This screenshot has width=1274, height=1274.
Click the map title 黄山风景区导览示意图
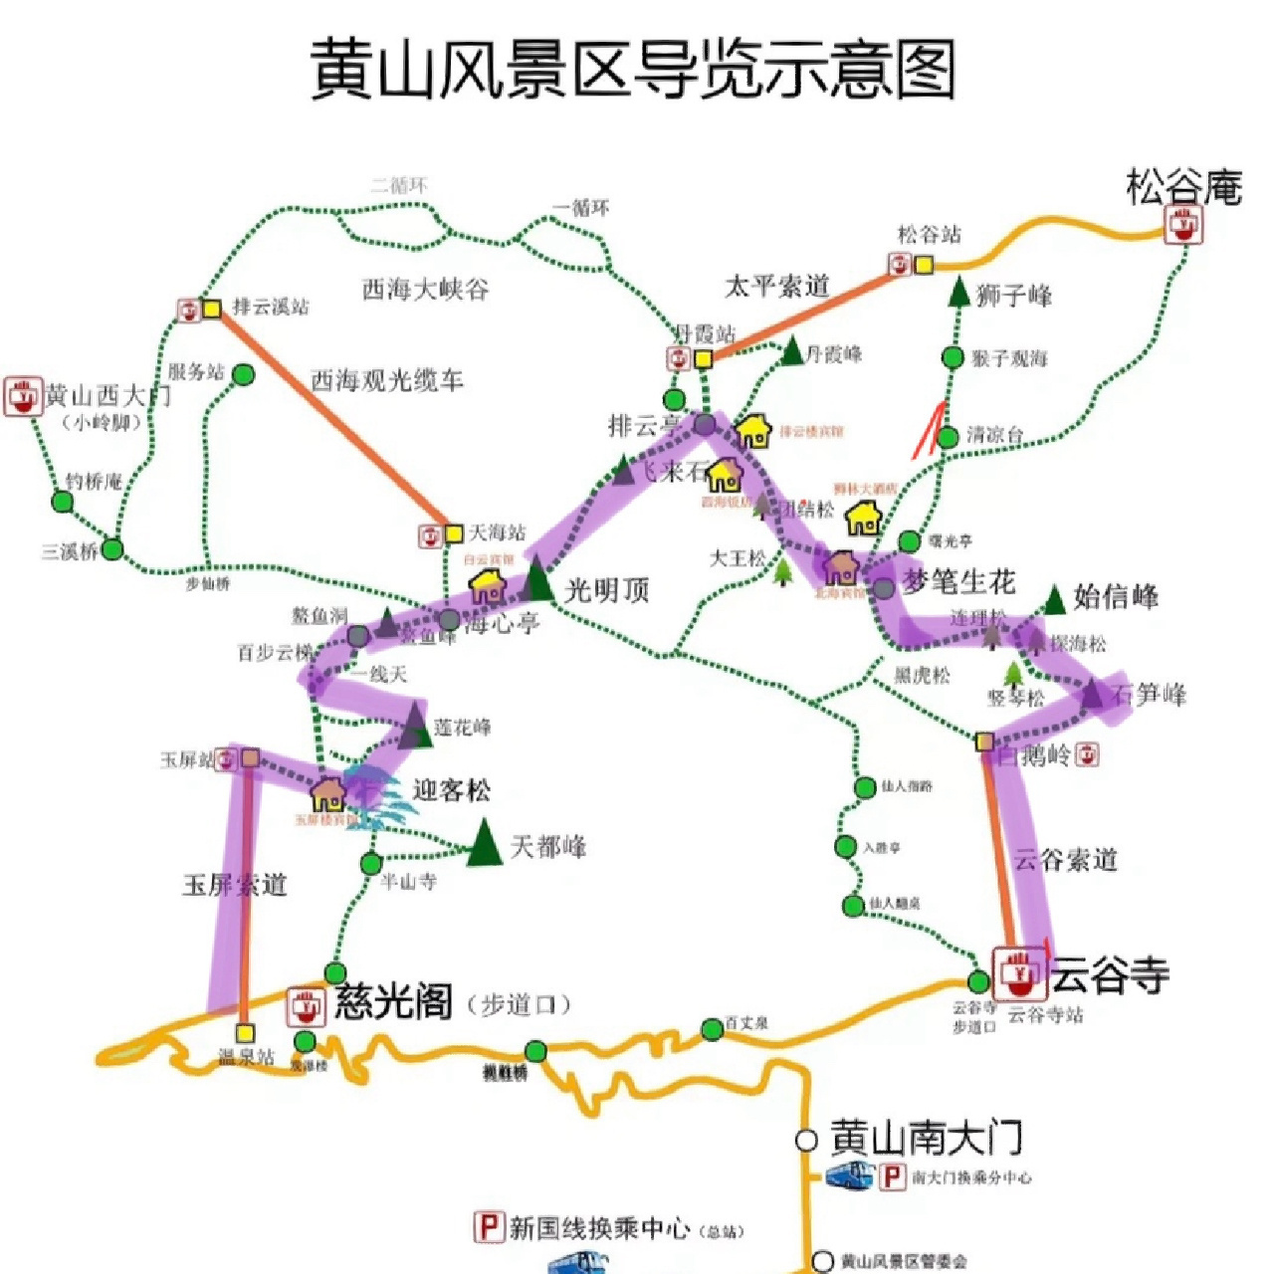633,70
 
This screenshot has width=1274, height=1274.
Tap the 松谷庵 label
1183,186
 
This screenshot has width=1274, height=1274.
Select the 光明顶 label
606,590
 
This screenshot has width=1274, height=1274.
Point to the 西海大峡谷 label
425,290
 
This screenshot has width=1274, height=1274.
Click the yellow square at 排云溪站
211,310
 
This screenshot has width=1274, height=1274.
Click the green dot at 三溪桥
112,548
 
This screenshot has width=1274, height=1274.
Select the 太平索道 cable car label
776,287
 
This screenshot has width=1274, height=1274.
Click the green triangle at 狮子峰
958,293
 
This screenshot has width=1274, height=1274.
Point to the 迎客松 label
451,791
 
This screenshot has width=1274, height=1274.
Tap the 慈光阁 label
392,1001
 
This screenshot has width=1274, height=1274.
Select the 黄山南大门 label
926,1138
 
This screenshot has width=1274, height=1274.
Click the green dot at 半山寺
371,863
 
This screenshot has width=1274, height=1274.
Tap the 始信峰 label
1116,597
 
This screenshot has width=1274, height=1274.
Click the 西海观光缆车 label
387,380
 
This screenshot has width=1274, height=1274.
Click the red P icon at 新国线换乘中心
488,1226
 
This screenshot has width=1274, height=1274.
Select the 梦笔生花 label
958,582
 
